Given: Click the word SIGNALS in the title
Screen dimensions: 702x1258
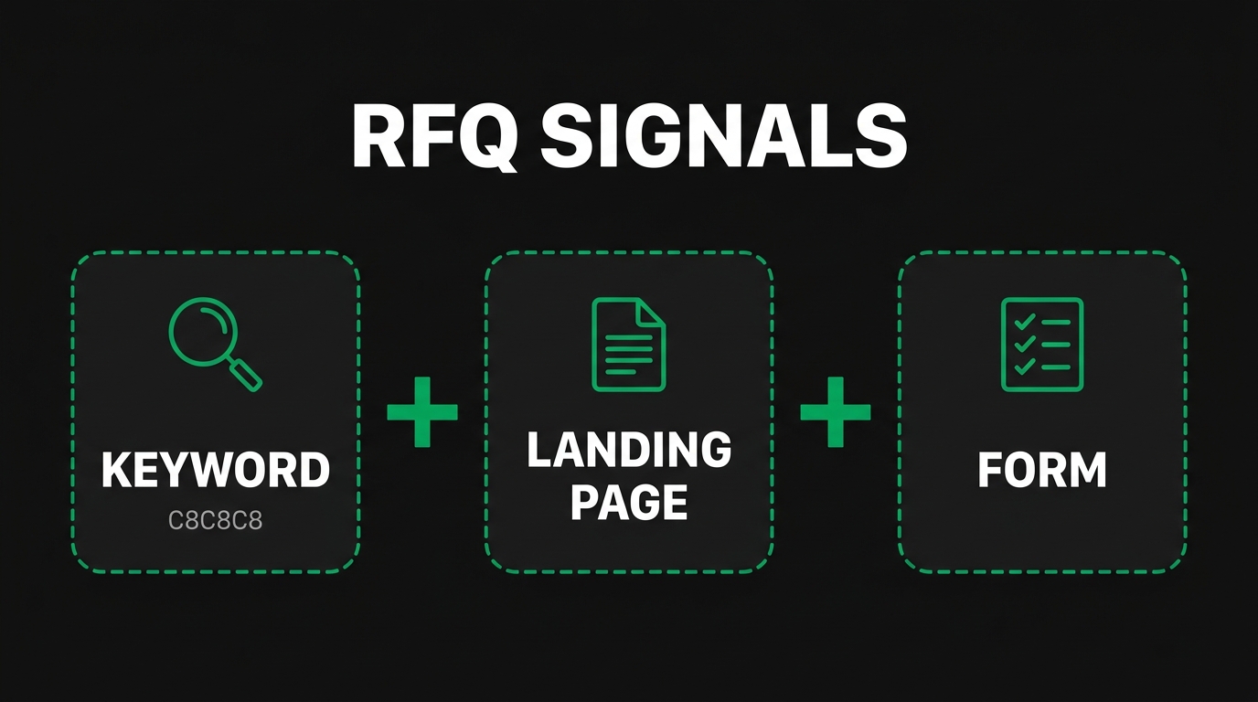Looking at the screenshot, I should [x=723, y=138].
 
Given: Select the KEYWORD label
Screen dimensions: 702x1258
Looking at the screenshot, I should [x=215, y=471].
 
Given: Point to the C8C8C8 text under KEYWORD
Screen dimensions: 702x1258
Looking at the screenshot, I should [x=215, y=522].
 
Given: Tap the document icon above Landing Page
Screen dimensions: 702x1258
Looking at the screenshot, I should [x=628, y=345].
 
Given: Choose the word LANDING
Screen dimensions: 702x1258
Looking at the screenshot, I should [x=629, y=451].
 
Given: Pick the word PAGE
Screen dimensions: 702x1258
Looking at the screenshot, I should [x=629, y=502].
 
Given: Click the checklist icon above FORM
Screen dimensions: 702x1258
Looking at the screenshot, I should [x=1042, y=345].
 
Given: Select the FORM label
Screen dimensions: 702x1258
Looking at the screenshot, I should [x=1042, y=471].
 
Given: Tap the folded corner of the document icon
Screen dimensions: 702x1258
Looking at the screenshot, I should [x=652, y=312].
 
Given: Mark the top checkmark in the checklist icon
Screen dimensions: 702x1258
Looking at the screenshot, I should [x=1024, y=323].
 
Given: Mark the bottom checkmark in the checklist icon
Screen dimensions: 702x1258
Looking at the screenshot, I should [x=1024, y=367].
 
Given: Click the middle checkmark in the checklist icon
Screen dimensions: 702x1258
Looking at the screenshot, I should [x=1024, y=345].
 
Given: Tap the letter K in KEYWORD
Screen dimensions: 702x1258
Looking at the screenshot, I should [x=115, y=471].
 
